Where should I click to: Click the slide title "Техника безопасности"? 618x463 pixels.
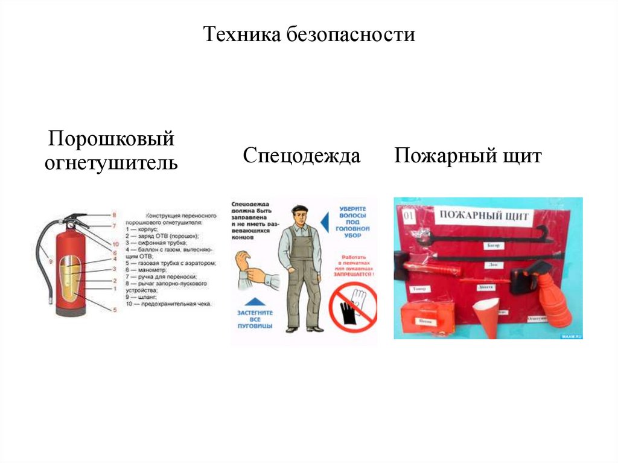coord(309,34)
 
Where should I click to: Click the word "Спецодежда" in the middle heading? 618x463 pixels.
coord(302,156)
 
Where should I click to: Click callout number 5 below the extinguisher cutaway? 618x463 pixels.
coord(113,310)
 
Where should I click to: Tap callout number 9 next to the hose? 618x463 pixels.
coord(51,261)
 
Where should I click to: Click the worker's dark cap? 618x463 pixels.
coord(299,211)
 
